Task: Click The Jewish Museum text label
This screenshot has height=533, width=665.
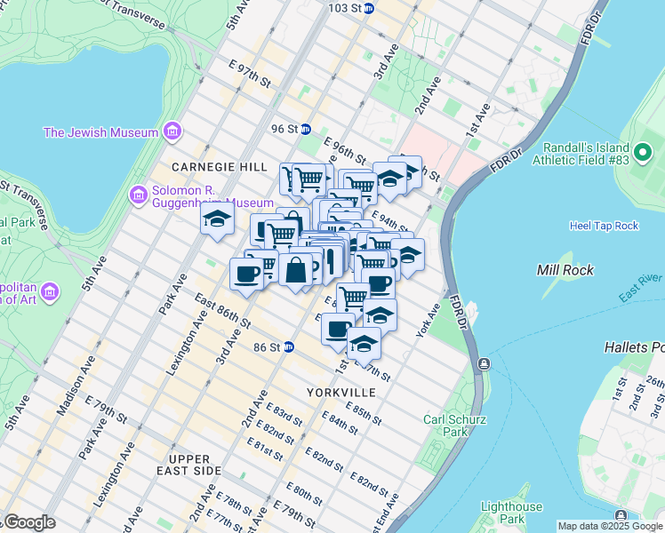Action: click(100, 133)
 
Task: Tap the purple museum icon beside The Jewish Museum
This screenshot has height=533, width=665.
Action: click(172, 133)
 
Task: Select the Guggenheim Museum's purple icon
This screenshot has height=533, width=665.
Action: click(138, 195)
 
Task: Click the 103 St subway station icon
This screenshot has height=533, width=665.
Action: click(369, 8)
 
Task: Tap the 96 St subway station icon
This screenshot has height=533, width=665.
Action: click(305, 129)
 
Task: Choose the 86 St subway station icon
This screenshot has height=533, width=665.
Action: click(289, 347)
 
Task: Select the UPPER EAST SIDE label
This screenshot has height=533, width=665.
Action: click(182, 469)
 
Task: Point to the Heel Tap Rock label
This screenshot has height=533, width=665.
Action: click(604, 226)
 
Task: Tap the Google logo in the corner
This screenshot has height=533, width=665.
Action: click(28, 522)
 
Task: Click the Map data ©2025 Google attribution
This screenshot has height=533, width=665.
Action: click(610, 527)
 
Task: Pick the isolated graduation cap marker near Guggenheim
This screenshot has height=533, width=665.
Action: click(217, 219)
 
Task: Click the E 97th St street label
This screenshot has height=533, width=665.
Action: click(250, 75)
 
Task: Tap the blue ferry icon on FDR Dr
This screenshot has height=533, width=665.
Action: click(483, 363)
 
